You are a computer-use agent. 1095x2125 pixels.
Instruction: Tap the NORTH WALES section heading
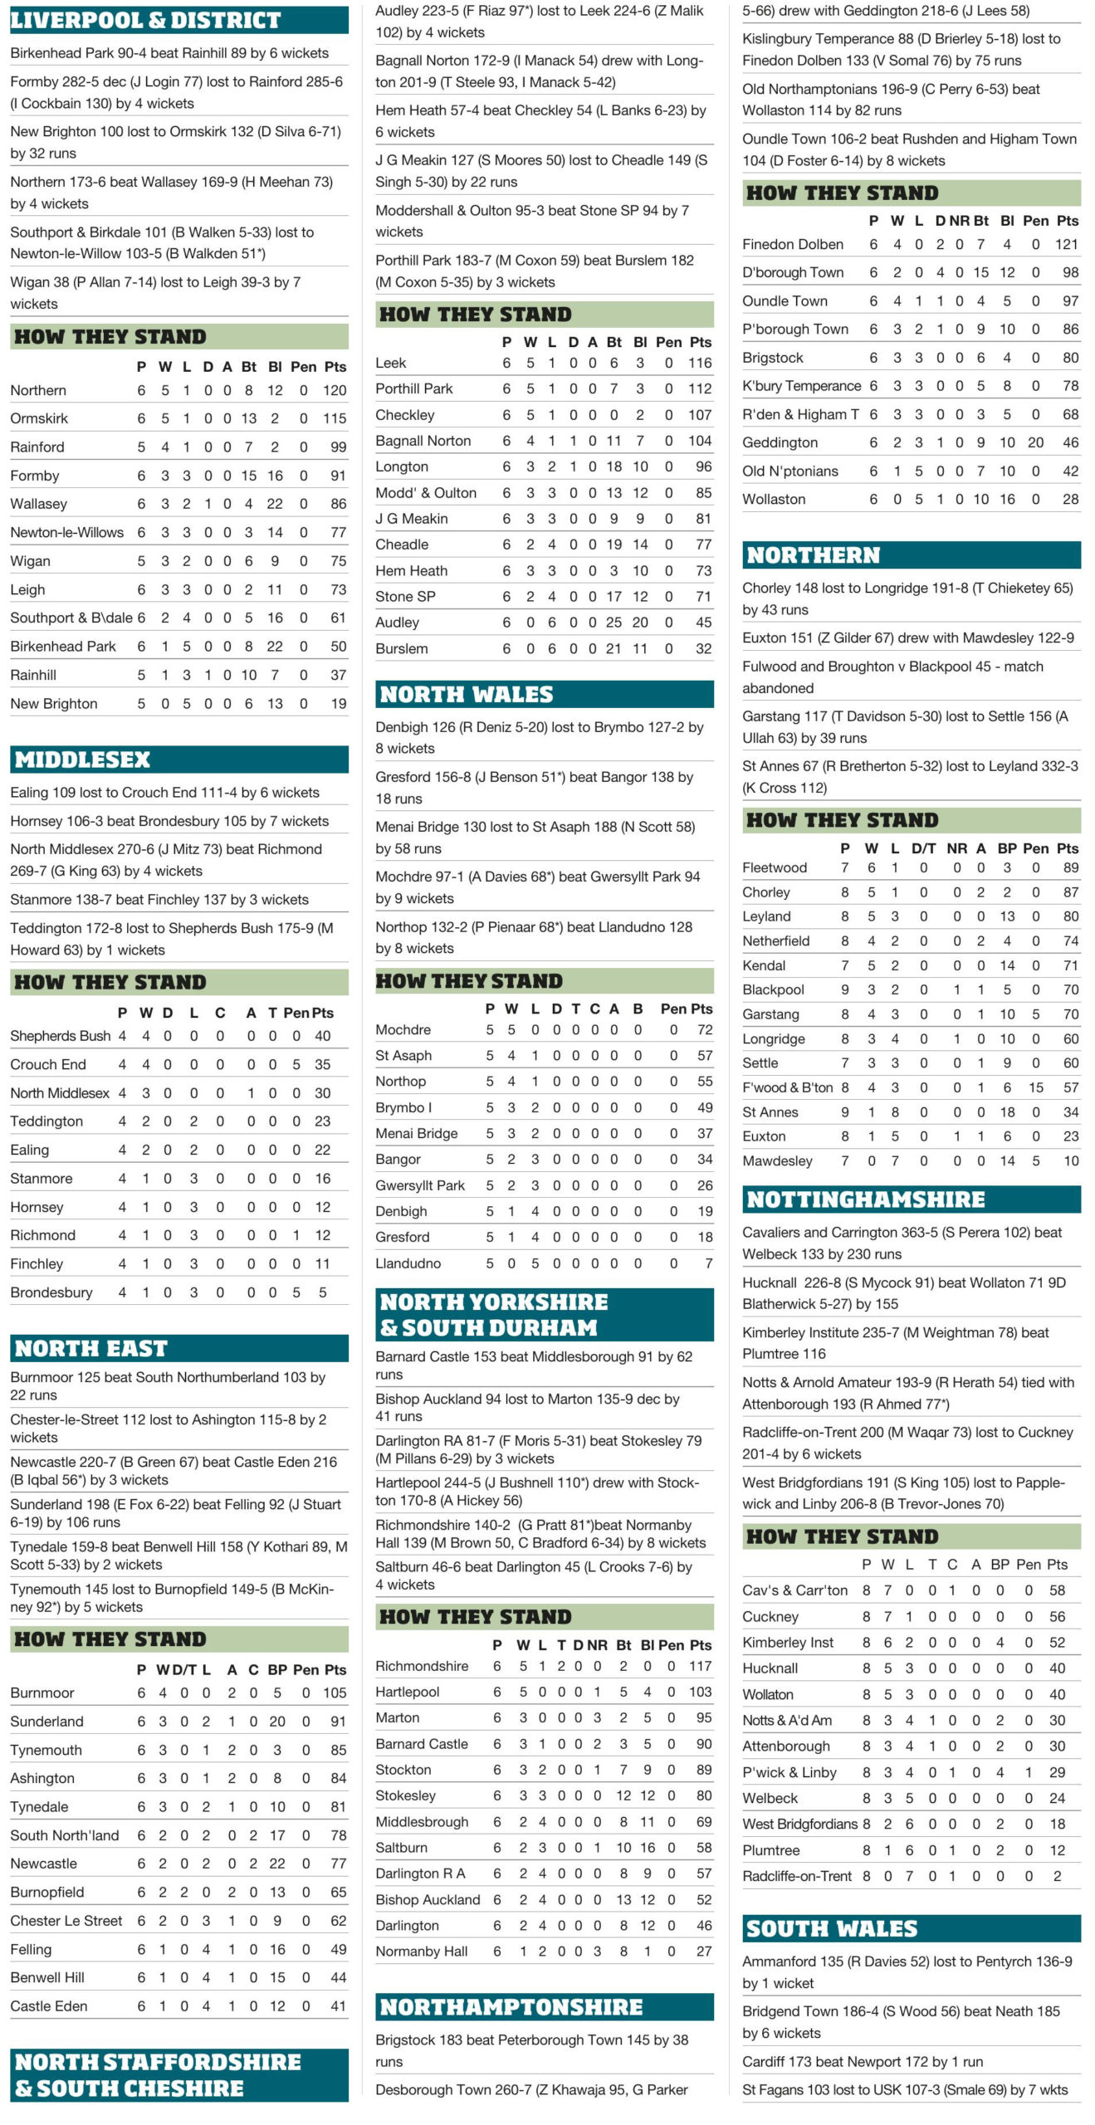[466, 694]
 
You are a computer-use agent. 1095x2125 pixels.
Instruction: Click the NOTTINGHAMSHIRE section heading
[865, 1199]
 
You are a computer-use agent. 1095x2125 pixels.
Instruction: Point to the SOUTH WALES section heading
[831, 1928]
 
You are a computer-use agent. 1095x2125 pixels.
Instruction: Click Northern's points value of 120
[335, 390]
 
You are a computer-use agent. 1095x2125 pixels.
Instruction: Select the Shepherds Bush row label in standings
[60, 1036]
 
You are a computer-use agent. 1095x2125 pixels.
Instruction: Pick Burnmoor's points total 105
[335, 1693]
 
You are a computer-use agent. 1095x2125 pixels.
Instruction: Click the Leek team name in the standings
[390, 363]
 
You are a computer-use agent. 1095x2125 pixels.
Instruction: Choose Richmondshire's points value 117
[700, 1666]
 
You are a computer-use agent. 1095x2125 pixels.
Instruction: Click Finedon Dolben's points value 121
[1066, 244]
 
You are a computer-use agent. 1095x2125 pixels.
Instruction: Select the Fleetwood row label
[774, 867]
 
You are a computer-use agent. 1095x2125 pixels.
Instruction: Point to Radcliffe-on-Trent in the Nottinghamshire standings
[796, 1876]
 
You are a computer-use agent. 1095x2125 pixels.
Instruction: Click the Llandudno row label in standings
[408, 1263]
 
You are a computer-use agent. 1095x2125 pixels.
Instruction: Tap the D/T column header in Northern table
[923, 848]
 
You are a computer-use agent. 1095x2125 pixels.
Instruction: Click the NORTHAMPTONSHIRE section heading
[511, 2007]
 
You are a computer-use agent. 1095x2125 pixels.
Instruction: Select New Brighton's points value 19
[338, 704]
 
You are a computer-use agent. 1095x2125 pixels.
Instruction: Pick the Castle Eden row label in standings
[48, 2006]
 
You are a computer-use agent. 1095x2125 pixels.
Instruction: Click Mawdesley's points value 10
[1070, 1160]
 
